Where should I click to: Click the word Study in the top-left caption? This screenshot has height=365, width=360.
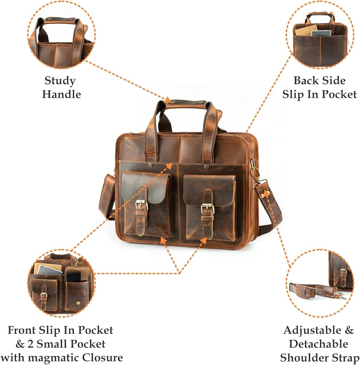60,80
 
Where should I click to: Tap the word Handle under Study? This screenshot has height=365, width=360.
61,94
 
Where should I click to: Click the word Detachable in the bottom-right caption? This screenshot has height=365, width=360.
318,344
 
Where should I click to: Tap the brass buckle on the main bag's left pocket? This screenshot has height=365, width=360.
142,205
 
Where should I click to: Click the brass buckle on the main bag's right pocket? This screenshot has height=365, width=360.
207,209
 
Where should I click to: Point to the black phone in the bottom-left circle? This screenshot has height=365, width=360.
73,277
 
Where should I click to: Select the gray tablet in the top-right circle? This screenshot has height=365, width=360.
321,33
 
